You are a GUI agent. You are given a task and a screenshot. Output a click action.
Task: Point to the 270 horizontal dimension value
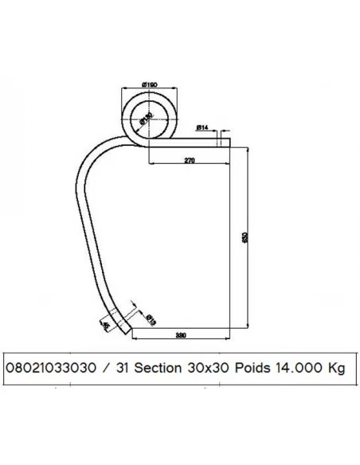190,160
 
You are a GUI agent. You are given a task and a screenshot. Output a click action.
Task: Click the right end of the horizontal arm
229,142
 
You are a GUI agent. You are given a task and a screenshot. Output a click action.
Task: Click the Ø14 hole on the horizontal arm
216,142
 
